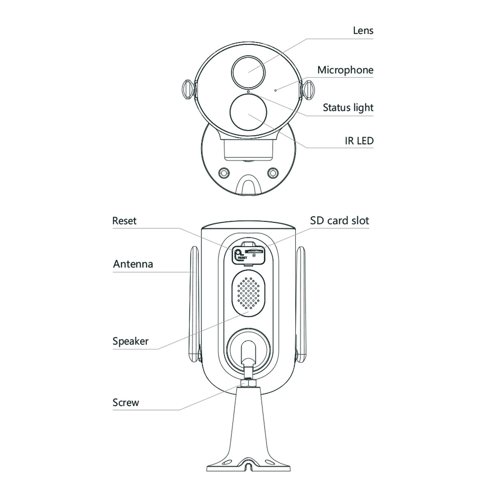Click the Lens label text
(363, 30)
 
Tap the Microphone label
(345, 70)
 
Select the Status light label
(348, 108)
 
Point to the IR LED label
(359, 141)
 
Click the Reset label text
(124, 221)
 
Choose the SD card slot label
(339, 221)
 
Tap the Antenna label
(133, 264)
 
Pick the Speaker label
(130, 341)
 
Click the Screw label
(126, 403)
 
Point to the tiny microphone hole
(276, 90)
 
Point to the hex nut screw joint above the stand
(248, 383)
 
